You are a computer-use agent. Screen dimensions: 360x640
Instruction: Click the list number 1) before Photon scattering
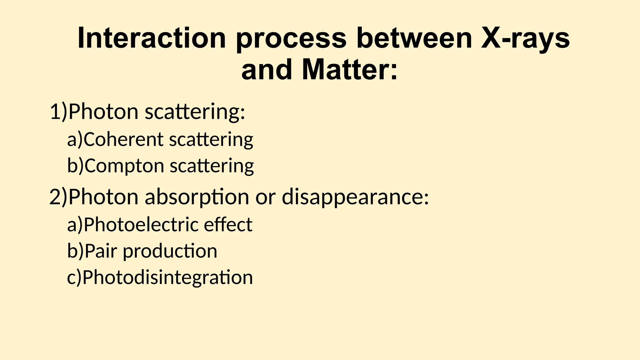tap(58, 112)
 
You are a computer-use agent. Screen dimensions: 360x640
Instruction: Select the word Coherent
tap(123, 139)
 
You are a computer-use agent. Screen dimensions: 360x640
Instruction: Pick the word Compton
tap(124, 166)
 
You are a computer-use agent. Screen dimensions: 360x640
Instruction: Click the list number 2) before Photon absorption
tap(58, 197)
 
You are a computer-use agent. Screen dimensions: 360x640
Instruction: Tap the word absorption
tap(197, 197)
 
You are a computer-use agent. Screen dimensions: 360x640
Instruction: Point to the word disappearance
tap(355, 197)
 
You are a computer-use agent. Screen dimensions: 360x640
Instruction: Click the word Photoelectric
tap(141, 224)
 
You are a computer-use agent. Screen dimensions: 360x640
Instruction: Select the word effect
tap(228, 224)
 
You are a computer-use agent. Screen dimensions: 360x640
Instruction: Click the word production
tap(170, 252)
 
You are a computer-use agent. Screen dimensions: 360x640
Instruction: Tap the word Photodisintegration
tap(167, 278)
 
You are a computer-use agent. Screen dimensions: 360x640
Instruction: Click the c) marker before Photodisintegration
tap(74, 277)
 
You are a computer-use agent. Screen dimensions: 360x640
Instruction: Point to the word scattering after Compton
tap(212, 166)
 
